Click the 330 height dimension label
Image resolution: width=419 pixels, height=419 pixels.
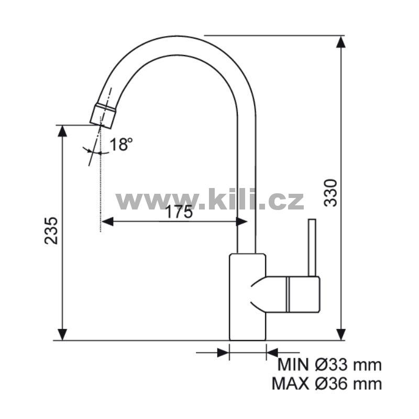tap(331, 193)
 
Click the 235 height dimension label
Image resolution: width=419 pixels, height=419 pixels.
tap(51, 230)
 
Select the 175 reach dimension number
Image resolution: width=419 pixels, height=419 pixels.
tap(179, 212)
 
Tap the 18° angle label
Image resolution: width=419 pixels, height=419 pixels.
tap(121, 145)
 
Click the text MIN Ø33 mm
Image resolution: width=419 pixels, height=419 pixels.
tap(329, 365)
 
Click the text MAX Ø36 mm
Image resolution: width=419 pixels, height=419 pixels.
tap(326, 384)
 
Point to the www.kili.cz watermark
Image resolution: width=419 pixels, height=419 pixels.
tap(210, 199)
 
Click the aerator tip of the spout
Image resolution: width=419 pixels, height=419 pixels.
tap(103, 116)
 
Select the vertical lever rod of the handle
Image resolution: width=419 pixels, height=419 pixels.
tap(312, 247)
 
